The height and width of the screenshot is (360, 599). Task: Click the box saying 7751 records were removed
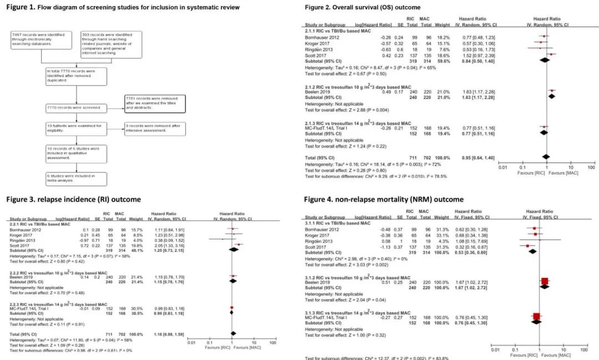155,103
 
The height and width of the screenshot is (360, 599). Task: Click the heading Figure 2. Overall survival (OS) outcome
370,7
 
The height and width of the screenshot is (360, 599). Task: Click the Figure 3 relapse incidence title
73,199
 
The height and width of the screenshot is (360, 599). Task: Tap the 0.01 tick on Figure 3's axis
192,344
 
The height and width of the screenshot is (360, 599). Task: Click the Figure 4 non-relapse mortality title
383,199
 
